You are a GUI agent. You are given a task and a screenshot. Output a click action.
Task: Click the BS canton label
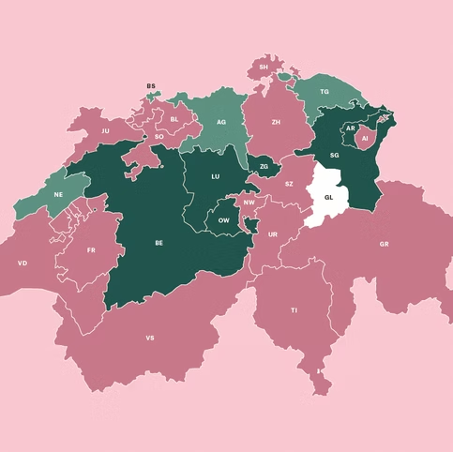(150, 86)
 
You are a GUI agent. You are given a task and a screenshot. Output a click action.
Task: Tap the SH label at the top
(264, 68)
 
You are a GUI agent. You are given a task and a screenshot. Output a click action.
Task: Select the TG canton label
(325, 92)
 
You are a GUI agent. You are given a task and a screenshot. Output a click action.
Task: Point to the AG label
(221, 122)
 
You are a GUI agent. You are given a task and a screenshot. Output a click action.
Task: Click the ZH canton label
(276, 122)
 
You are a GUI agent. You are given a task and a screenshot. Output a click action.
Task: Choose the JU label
(105, 131)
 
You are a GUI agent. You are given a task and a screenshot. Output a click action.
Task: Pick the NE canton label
(58, 194)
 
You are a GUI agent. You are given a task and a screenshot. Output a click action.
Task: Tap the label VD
(23, 264)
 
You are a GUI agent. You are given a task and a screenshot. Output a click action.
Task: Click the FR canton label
(91, 250)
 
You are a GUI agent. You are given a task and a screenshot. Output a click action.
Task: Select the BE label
(159, 243)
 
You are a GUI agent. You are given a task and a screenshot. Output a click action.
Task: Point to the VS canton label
(150, 337)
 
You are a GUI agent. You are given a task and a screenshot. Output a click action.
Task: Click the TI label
(294, 309)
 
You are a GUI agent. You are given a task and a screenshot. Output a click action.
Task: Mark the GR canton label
(384, 244)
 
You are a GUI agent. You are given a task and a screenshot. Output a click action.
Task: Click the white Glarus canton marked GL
(328, 199)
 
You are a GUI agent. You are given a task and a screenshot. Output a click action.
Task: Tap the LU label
(216, 176)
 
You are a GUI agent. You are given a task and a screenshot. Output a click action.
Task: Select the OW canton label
(223, 219)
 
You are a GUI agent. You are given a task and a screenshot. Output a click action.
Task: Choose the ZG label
(264, 167)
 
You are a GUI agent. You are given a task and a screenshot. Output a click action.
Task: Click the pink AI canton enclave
(364, 139)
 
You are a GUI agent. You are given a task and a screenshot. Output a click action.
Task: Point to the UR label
(273, 234)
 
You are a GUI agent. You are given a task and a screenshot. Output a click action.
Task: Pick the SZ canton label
(289, 185)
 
